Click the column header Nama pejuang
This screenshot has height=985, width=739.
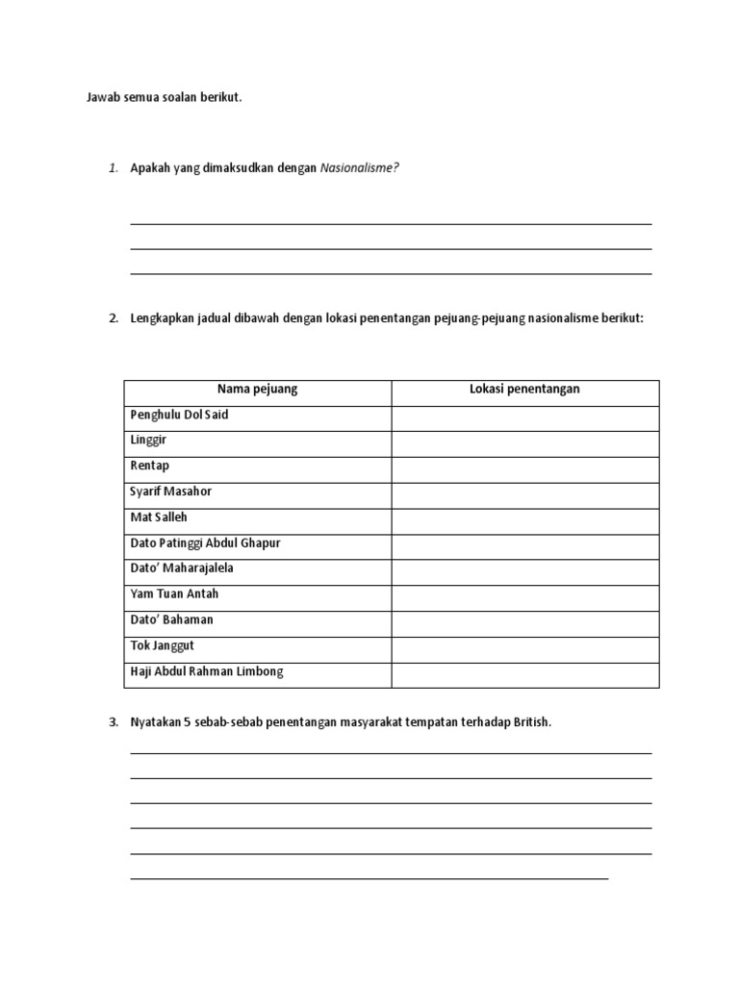[x=257, y=390]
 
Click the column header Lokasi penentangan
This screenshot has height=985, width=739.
[x=524, y=390]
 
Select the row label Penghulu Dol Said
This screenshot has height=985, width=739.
[x=179, y=416]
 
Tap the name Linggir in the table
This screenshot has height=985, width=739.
[x=147, y=441]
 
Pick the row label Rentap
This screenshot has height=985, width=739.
[x=149, y=467]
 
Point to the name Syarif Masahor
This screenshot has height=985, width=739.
[x=170, y=492]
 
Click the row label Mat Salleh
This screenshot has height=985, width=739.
[x=159, y=518]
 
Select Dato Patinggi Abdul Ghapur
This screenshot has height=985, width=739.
[x=205, y=543]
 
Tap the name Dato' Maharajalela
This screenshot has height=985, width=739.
[x=182, y=568]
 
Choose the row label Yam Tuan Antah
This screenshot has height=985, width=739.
[x=174, y=594]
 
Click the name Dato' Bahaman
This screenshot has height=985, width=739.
[x=171, y=620]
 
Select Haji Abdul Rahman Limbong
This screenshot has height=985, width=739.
[x=207, y=672]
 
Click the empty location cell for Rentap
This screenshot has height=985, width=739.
[x=524, y=469]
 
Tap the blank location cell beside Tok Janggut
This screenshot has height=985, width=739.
[x=524, y=649]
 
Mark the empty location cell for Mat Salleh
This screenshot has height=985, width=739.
[x=524, y=520]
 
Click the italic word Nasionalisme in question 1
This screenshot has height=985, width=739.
[x=359, y=168]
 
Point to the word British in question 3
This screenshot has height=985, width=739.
[x=531, y=722]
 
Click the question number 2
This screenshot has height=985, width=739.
[x=113, y=318]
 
